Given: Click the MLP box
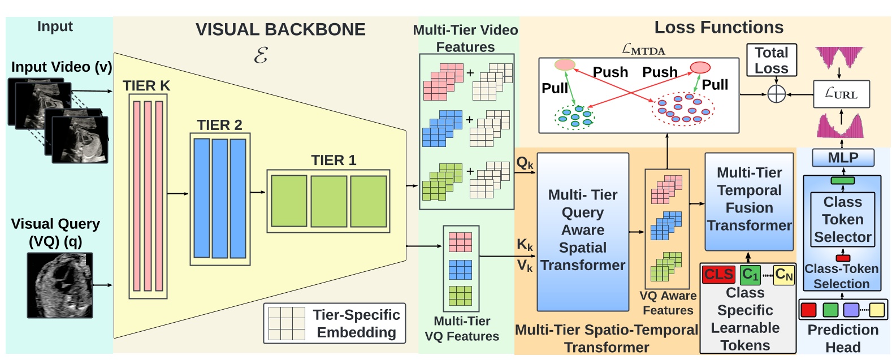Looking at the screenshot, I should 843,158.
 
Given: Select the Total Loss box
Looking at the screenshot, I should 772,60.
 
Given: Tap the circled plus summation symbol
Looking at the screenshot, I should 777,94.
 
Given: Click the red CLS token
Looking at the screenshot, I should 718,275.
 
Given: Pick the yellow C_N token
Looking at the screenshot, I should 783,275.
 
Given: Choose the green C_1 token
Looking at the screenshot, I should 750,275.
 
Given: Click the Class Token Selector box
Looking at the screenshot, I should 842,219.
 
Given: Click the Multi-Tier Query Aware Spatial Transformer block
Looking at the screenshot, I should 583,231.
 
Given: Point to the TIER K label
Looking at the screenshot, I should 146,86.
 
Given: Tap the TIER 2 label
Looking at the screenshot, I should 219,125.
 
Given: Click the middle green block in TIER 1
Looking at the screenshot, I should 328,201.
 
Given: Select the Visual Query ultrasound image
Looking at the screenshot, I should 60,285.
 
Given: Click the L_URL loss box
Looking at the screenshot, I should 841,94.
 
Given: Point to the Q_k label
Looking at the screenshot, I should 525,164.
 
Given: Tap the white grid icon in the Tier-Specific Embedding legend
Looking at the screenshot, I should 287,323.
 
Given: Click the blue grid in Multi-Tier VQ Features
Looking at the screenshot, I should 460,270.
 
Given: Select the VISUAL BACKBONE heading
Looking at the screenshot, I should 280,29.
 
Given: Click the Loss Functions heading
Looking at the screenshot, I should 718,27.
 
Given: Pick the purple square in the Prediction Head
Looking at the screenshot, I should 851,310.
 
